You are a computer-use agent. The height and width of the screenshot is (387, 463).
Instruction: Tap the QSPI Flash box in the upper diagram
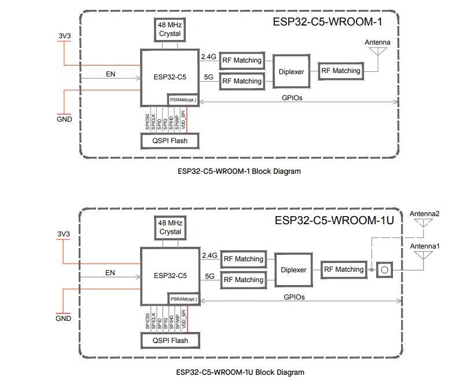(170, 140)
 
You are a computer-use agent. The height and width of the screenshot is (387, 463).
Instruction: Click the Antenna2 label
(425, 214)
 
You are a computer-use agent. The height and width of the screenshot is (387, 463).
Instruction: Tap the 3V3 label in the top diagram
(64, 36)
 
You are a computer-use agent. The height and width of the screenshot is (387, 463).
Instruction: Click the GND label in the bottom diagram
(64, 318)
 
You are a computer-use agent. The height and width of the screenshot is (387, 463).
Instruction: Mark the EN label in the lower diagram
(110, 272)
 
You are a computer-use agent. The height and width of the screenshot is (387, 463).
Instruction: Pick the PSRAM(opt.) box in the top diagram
(183, 100)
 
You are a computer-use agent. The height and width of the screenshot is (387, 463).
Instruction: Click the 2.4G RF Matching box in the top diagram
(242, 60)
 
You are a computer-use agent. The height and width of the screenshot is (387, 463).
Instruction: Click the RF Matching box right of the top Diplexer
(341, 71)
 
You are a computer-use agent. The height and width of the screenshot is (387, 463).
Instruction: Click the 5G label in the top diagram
(210, 77)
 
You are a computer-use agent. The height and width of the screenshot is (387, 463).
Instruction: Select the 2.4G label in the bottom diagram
(209, 255)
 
